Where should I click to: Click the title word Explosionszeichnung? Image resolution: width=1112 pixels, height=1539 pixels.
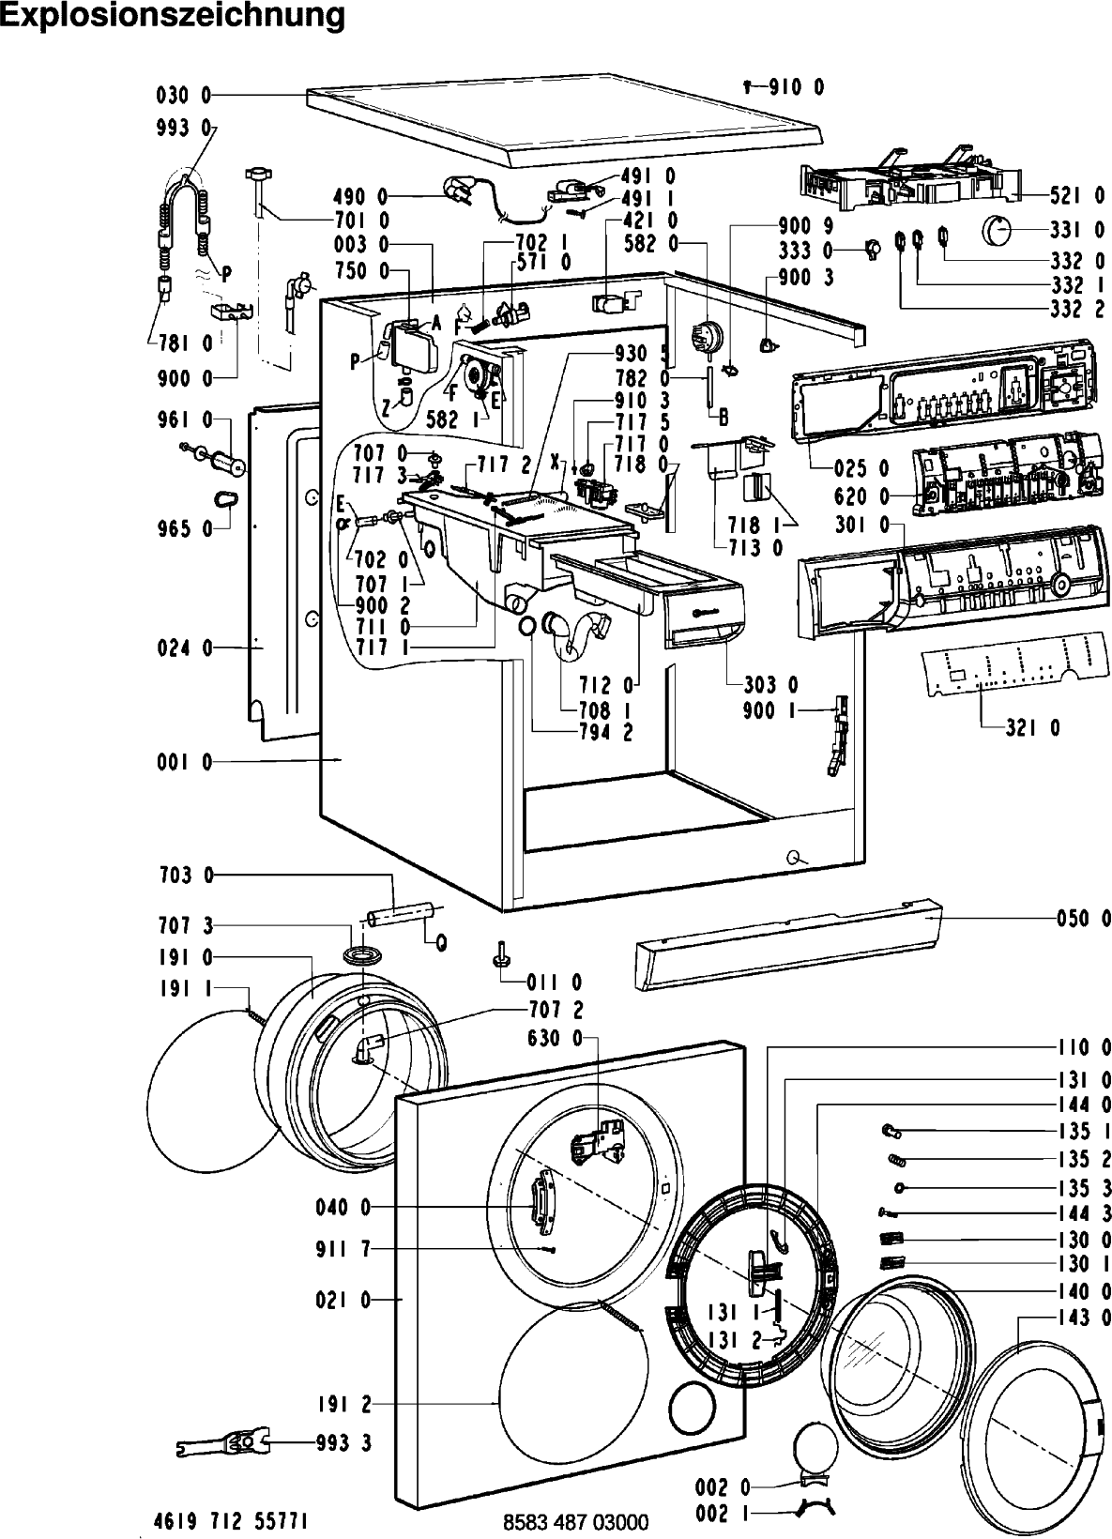click(173, 16)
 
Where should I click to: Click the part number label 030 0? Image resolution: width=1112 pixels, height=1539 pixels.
click(184, 96)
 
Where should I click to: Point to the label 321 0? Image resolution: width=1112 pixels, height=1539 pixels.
click(1033, 727)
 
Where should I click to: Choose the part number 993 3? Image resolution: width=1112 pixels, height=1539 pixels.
click(343, 1443)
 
